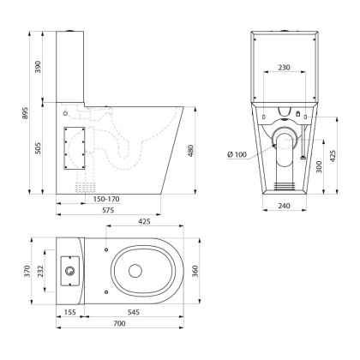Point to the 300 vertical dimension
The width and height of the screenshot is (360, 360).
pos(318,166)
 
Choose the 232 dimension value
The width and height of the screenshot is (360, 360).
pos(40,271)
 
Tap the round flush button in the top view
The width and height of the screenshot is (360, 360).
pos(69,271)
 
